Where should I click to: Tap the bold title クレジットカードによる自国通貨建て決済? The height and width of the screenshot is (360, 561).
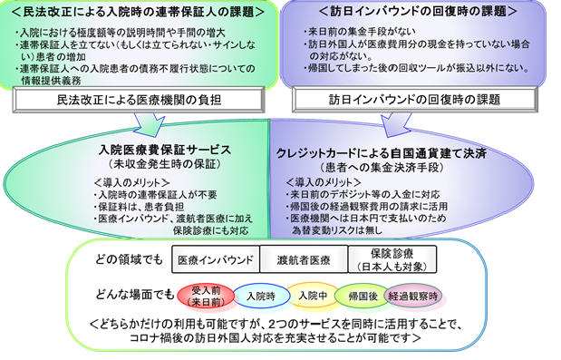coord(394,151)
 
